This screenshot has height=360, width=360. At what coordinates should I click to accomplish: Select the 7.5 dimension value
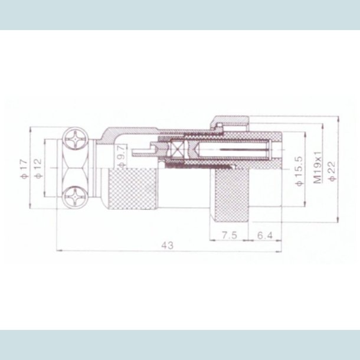[x=230, y=234]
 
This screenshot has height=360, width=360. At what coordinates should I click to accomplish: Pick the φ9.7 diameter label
[x=120, y=156]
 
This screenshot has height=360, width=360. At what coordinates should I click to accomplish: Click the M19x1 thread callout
[x=317, y=167]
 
